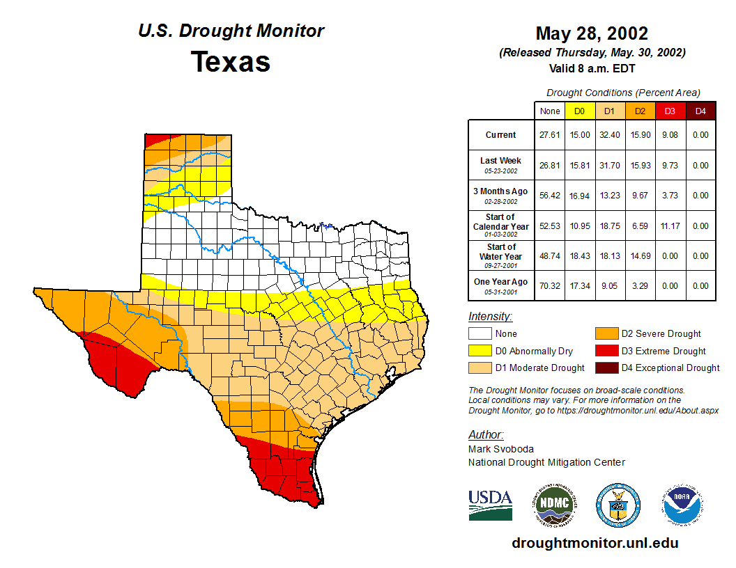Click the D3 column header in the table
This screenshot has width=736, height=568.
(x=670, y=111)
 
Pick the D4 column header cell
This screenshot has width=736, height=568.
(x=701, y=111)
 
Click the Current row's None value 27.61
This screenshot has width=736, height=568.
(x=550, y=135)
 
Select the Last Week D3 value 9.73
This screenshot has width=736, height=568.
(x=670, y=166)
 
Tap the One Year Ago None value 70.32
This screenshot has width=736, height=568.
(x=550, y=285)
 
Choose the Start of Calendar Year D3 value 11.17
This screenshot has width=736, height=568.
(x=670, y=226)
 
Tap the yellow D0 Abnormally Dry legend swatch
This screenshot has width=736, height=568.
(x=480, y=351)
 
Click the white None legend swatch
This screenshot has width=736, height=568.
(x=480, y=333)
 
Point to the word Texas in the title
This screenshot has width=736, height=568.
(x=231, y=62)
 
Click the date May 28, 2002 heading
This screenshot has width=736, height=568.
(x=592, y=33)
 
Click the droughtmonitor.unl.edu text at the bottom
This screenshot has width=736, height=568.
(x=595, y=543)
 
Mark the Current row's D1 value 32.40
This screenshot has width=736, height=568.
(x=609, y=135)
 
